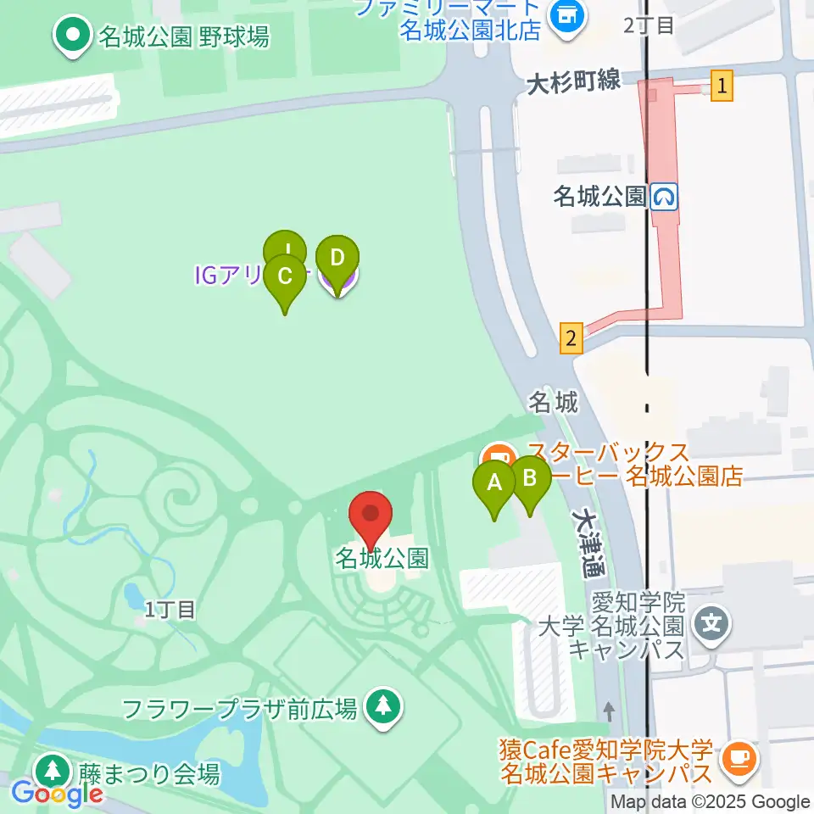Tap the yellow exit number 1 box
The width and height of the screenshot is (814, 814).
(722, 86)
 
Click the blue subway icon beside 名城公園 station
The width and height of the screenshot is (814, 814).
(664, 198)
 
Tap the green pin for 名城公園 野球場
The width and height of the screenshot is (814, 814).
(73, 36)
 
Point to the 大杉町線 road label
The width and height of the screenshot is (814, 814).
(574, 83)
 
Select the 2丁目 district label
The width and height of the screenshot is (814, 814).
(649, 25)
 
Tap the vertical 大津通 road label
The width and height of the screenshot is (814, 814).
(586, 542)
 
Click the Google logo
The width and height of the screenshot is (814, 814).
(57, 794)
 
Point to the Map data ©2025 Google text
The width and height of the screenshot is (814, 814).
(711, 801)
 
